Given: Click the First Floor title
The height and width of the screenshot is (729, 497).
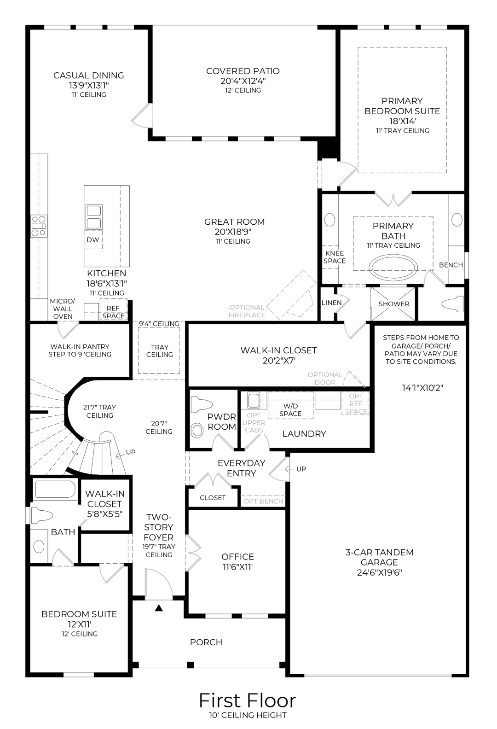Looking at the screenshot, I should click(x=247, y=700).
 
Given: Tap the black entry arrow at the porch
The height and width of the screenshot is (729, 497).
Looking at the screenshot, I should click(x=159, y=608).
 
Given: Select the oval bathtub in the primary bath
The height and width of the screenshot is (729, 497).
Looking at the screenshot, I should click(x=393, y=268).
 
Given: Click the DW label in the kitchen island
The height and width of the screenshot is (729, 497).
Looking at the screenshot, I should click(x=92, y=240).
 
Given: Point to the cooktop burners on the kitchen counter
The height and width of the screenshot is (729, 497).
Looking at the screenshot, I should click(x=39, y=226).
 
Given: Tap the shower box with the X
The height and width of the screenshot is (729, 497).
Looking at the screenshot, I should click(x=393, y=303).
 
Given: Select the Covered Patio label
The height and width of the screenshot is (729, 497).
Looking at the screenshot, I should click(x=243, y=76).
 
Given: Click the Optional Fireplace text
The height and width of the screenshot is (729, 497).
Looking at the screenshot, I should click(x=247, y=311).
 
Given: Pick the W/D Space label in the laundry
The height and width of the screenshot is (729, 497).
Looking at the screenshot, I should click(x=290, y=409).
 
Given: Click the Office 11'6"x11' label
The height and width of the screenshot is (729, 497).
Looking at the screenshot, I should click(x=237, y=561).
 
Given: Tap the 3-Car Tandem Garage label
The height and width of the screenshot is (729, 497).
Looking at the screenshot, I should click(x=379, y=562).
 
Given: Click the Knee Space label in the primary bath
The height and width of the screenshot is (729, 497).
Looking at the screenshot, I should click(x=335, y=257).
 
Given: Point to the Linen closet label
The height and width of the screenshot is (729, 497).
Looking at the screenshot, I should click(x=331, y=303).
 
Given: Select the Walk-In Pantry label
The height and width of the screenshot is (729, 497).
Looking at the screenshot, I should click(x=80, y=350).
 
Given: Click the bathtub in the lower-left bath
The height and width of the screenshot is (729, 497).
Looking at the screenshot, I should click(x=55, y=490).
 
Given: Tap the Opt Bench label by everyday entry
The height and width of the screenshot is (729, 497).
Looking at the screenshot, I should click(x=263, y=501).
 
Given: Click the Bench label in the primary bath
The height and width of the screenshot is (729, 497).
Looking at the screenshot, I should click(x=451, y=265).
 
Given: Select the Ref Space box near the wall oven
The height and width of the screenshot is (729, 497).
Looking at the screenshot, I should click(x=113, y=312).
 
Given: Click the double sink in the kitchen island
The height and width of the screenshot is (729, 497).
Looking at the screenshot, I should click(x=94, y=217).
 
